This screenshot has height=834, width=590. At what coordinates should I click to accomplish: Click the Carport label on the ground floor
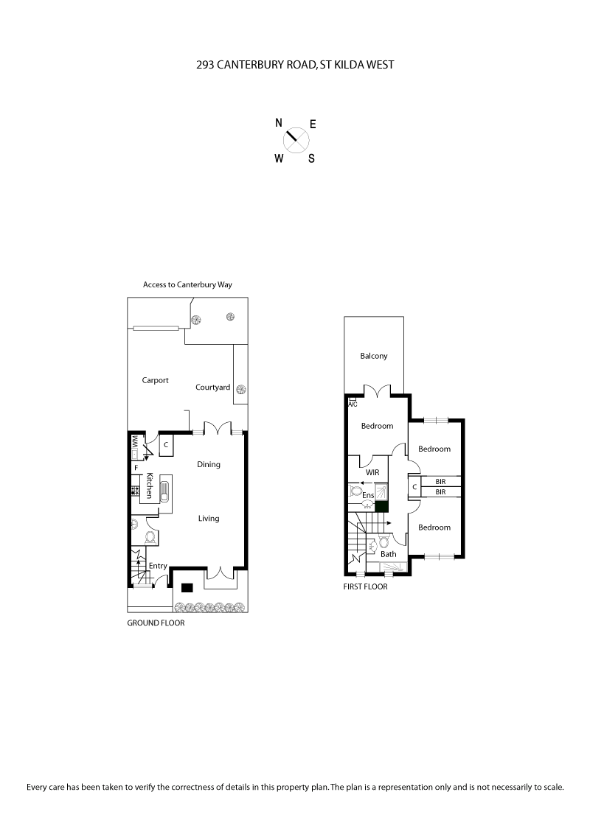(155, 380)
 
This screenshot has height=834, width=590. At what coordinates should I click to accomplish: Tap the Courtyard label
(212, 387)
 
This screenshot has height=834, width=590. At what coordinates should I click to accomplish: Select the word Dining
(209, 464)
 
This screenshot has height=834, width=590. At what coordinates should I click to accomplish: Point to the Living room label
(209, 518)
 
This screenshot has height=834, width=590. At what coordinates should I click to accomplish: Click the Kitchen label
(150, 486)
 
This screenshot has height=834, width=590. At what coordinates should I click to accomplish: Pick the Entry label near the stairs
(158, 566)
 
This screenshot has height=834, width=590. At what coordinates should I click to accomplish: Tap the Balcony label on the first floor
(374, 356)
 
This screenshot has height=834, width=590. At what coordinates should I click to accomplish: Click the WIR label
(372, 472)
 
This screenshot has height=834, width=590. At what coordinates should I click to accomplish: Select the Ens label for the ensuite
(369, 495)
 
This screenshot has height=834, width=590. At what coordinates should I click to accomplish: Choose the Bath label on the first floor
(389, 554)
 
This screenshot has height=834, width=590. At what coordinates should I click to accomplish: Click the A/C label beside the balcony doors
(353, 404)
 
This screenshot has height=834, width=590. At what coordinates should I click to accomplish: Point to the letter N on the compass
(279, 123)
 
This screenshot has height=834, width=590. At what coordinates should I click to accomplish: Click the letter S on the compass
(311, 158)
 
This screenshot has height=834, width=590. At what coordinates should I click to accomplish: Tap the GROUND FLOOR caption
(156, 623)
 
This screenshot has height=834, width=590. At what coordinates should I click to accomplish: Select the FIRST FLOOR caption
(365, 587)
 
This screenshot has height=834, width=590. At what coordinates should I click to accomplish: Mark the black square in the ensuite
(381, 506)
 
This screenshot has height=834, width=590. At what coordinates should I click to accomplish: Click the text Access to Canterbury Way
(188, 284)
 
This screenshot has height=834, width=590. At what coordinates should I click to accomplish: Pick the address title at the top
(295, 65)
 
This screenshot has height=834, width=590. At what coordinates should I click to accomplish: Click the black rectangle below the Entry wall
(187, 587)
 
